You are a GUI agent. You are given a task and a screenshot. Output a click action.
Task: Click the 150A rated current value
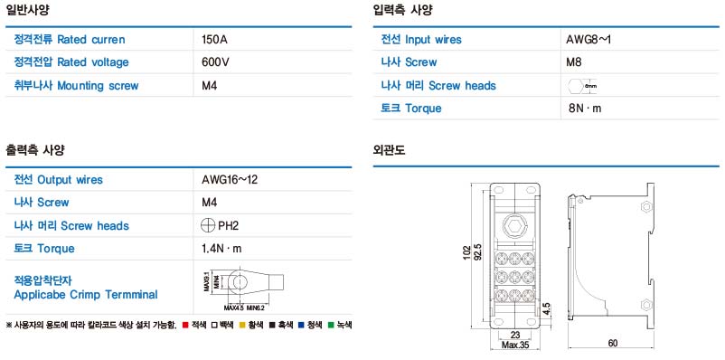click(x=214, y=40)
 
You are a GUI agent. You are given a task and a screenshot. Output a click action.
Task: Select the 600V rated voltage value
click(x=216, y=62)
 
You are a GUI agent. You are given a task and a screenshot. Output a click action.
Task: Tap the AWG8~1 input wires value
click(x=595, y=40)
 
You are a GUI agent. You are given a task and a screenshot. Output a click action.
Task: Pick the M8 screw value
click(x=573, y=62)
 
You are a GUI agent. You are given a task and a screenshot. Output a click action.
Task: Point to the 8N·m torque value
click(x=585, y=109)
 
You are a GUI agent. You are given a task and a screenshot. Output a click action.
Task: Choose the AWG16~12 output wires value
click(x=230, y=179)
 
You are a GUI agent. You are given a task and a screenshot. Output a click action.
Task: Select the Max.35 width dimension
click(x=516, y=345)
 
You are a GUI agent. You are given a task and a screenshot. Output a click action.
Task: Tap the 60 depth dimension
click(x=612, y=343)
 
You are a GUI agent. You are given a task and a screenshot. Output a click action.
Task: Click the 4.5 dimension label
click(x=547, y=309)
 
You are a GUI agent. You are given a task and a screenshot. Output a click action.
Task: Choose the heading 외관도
click(x=390, y=149)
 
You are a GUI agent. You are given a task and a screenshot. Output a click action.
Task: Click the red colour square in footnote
click(x=184, y=324)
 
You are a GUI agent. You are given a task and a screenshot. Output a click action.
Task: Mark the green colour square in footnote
click(x=332, y=324)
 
